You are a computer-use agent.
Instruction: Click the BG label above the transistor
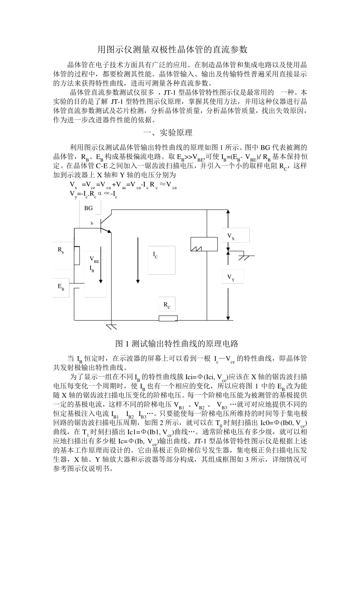click(x=88, y=208)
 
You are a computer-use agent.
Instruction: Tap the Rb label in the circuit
click(x=61, y=250)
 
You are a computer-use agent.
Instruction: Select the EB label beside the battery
click(x=61, y=287)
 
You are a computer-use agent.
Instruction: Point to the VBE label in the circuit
click(x=94, y=260)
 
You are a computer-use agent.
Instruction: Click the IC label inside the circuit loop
click(x=155, y=255)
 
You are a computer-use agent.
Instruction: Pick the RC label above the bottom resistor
click(x=167, y=305)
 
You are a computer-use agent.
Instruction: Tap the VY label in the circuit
click(x=231, y=278)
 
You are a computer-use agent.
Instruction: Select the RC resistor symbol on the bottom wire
click(x=168, y=318)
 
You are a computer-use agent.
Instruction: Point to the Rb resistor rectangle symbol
click(x=77, y=255)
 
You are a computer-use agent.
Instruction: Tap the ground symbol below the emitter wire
click(x=111, y=326)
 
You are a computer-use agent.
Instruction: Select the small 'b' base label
click(x=92, y=224)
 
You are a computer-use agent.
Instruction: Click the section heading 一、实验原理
click(x=167, y=133)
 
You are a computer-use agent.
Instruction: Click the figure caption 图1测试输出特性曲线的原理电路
click(x=177, y=344)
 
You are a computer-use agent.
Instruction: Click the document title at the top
click(x=172, y=50)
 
